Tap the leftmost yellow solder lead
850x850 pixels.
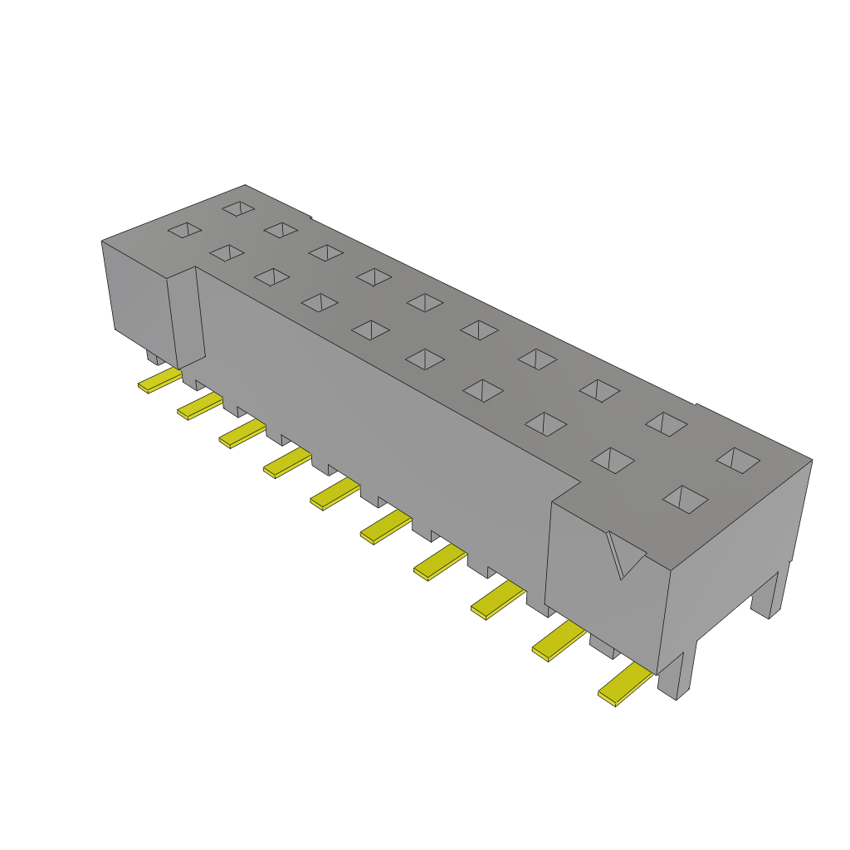159,381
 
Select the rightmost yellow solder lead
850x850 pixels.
626,685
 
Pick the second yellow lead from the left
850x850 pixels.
199,406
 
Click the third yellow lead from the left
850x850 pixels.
242,433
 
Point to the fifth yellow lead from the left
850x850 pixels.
335,494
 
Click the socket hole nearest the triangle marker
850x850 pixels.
686,499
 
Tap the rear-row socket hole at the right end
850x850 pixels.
739,460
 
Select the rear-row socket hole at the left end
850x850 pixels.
238,208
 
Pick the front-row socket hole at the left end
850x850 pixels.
184,230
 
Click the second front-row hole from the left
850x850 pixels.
227,252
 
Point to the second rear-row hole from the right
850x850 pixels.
667,423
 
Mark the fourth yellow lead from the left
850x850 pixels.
286,463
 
